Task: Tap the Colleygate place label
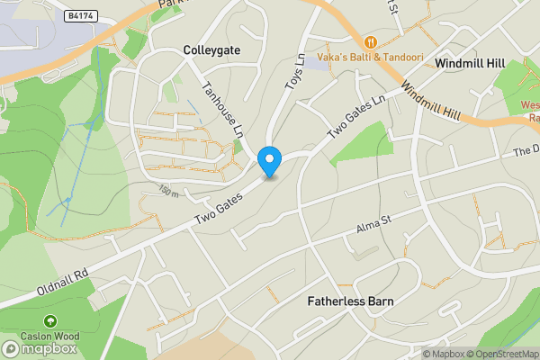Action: click(x=211, y=50)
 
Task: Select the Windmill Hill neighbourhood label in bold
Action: click(x=471, y=64)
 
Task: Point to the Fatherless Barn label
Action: click(x=350, y=301)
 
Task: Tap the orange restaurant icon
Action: click(x=369, y=41)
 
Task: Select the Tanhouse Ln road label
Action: click(x=222, y=109)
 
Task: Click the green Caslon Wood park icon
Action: click(x=50, y=320)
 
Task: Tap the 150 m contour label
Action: click(x=168, y=190)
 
